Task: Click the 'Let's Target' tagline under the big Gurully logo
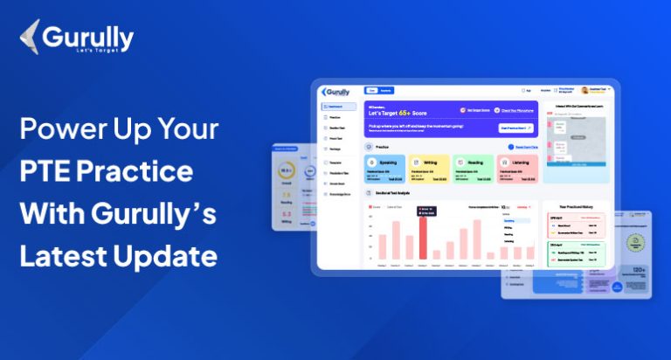(x=97, y=53)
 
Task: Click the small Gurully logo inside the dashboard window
(x=336, y=91)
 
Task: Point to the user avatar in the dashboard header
(x=585, y=89)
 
